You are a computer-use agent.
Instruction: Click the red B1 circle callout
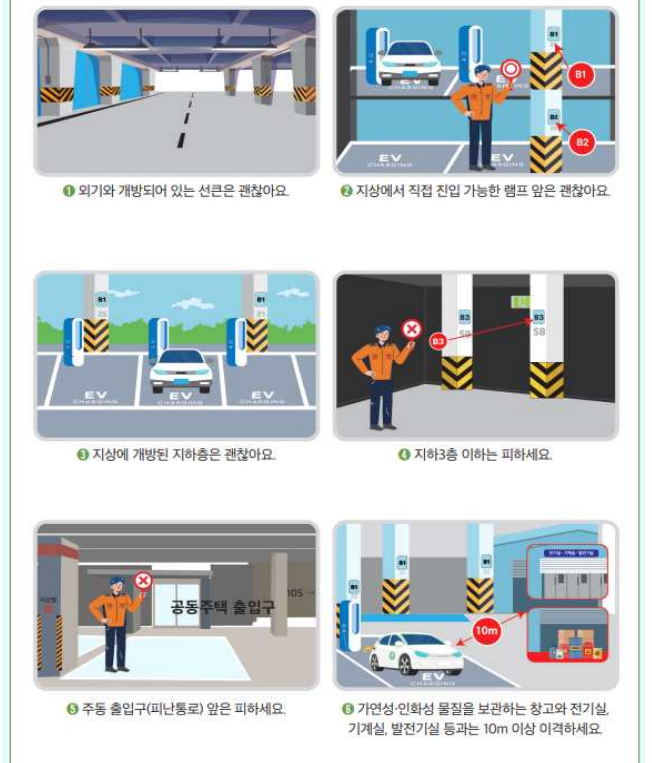point(581,74)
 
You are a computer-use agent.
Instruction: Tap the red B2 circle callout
point(582,143)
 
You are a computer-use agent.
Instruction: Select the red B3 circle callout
point(438,341)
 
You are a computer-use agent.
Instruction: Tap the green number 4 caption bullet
point(404,455)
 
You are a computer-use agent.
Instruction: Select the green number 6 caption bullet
point(348,709)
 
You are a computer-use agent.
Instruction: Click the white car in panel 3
point(181,369)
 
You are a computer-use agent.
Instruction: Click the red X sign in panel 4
point(411,329)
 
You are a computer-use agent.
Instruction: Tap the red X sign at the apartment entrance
point(144,581)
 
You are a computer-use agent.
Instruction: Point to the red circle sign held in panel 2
point(512,69)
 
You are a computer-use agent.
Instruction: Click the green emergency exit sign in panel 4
point(520,299)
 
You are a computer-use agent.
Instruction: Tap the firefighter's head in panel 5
point(116,585)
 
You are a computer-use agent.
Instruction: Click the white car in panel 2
point(411,59)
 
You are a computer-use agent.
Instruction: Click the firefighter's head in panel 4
point(382,333)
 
